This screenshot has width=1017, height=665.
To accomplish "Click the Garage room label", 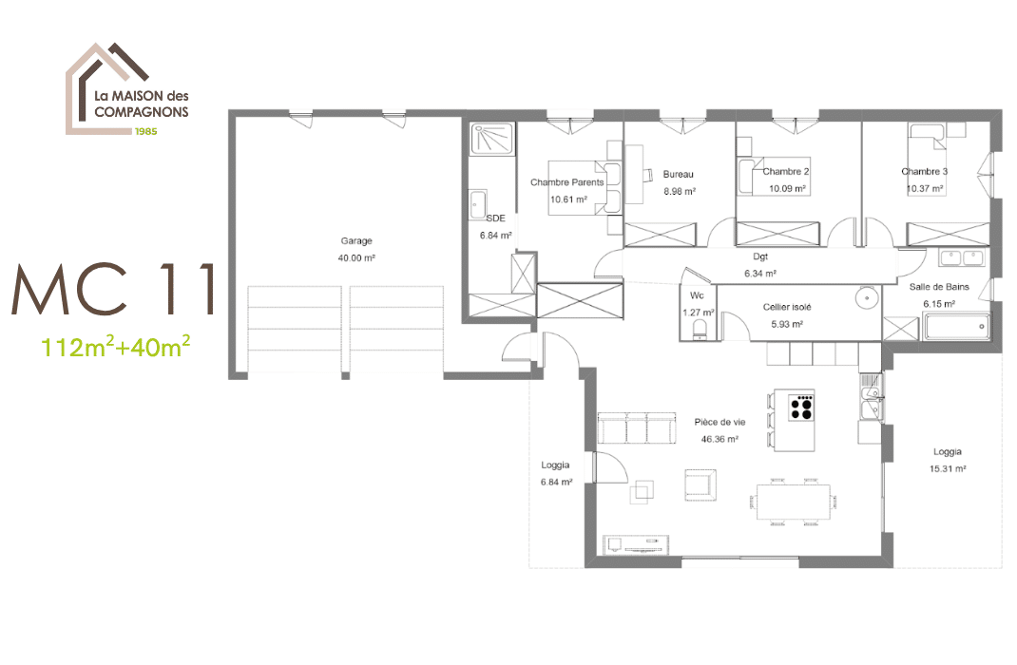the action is tap(356, 241).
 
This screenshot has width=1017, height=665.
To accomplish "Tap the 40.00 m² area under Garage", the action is tap(356, 258).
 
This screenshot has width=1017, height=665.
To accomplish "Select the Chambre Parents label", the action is tap(566, 182).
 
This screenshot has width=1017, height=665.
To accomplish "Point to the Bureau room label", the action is tap(679, 175).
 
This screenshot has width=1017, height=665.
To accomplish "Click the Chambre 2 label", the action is tap(785, 172).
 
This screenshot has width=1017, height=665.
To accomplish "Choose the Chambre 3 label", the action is tap(924, 172).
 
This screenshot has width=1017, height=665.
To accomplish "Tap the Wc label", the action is tap(698, 295).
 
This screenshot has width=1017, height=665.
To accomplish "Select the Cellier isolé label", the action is tap(787, 307).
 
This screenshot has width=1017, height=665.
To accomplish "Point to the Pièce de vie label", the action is tap(720, 422).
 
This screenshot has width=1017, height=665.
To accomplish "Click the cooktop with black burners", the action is tap(801, 407).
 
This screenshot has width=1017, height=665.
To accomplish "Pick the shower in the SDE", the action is tap(492, 139).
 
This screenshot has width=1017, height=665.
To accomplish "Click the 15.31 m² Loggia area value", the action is tap(948, 468).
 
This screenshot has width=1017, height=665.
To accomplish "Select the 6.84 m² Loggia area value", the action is tap(556, 483).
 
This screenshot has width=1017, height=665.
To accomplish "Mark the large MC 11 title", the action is tap(113, 289).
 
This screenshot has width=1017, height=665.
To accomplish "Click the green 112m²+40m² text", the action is tap(115, 348).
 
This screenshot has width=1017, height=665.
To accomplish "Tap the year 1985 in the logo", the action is tap(145, 131).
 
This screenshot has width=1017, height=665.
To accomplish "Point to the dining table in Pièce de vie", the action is tap(794, 502).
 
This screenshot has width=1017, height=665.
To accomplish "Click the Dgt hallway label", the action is tap(760, 256).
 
